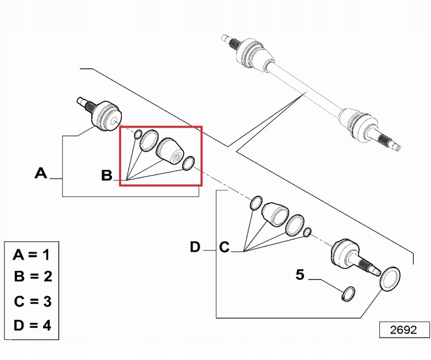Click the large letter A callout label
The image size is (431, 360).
pyautogui.click(x=41, y=173)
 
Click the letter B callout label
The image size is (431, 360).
pyautogui.click(x=107, y=175)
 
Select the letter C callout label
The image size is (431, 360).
pyautogui.click(x=224, y=247)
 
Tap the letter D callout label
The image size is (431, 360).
pyautogui.click(x=195, y=247)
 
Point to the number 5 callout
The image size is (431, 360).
pyautogui.click(x=300, y=274)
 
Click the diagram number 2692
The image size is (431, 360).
pyautogui.click(x=403, y=330)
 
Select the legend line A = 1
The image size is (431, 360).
pyautogui.click(x=32, y=255)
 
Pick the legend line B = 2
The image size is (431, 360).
pyautogui.click(x=33, y=276)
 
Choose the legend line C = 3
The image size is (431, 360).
pyautogui.click(x=33, y=301)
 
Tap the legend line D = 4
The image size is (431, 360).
pyautogui.click(x=32, y=326)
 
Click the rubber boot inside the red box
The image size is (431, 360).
pyautogui.click(x=170, y=152)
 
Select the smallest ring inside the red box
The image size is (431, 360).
pyautogui.click(x=138, y=134)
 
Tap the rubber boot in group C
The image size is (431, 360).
pyautogui.click(x=275, y=214)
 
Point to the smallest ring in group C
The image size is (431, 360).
pyautogui.click(x=307, y=232)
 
